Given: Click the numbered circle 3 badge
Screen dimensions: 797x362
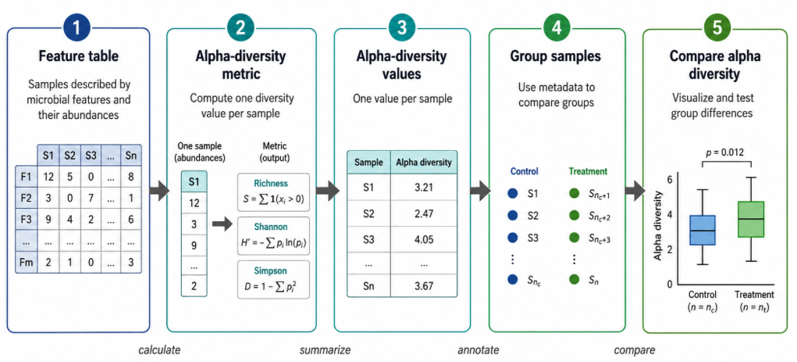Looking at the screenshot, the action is pos(401,28).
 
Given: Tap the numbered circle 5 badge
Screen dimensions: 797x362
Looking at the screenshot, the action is pos(717,28).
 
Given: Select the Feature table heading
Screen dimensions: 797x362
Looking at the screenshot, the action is pos(78,56).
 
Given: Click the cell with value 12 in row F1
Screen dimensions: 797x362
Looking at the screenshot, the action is pos(48,176).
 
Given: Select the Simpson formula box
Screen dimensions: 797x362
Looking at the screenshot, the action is pos(273,279).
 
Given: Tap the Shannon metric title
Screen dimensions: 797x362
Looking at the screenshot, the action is pos(273,225).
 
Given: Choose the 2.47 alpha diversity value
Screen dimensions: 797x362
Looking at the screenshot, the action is pos(423,214).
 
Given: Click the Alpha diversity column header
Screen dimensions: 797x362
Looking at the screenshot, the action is pos(423,163).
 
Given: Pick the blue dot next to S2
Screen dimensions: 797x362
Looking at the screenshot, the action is pos(512,215).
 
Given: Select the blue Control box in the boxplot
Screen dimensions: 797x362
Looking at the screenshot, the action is pos(702,230).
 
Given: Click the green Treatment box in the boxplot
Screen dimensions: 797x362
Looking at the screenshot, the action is pos(750,220).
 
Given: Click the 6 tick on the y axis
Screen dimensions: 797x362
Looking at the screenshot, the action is pos(670,179).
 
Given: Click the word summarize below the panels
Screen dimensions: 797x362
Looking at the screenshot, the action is pos(325,350).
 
